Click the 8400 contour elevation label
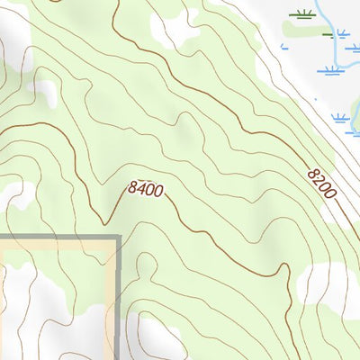(146, 189)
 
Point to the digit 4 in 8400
(141, 189)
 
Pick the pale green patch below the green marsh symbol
(310, 29)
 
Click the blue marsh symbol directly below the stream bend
(331, 70)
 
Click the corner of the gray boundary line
(118, 238)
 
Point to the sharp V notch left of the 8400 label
(105, 222)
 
